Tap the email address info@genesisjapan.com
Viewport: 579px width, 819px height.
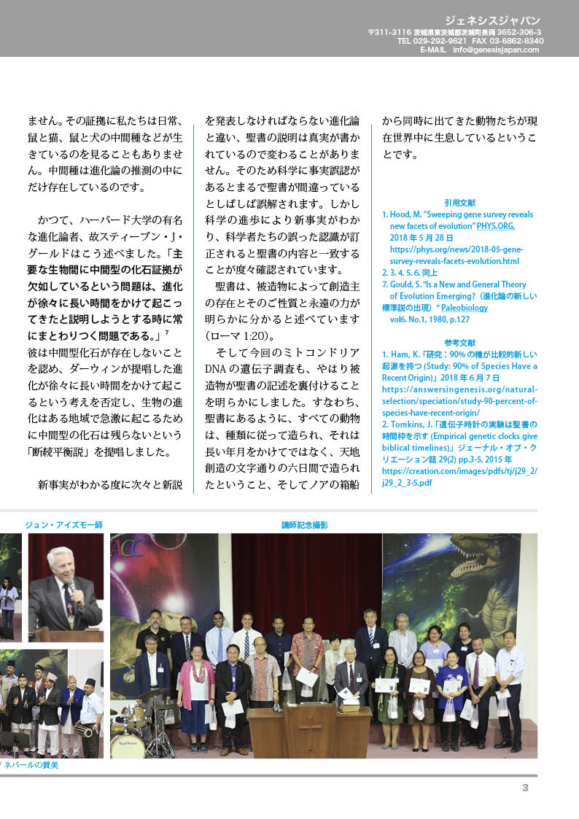pyautogui.click(x=496, y=50)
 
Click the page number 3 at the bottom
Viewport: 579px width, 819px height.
pyautogui.click(x=525, y=787)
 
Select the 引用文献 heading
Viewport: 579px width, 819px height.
pyautogui.click(x=459, y=203)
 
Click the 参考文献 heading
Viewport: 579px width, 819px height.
pyautogui.click(x=459, y=342)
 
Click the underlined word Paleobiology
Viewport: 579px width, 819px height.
pyautogui.click(x=465, y=308)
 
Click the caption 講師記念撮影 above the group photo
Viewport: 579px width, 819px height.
pyautogui.click(x=304, y=525)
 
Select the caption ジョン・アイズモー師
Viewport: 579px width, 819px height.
pyautogui.click(x=63, y=525)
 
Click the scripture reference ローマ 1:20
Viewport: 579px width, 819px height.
pyautogui.click(x=239, y=336)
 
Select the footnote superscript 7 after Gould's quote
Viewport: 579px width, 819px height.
pyautogui.click(x=167, y=333)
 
